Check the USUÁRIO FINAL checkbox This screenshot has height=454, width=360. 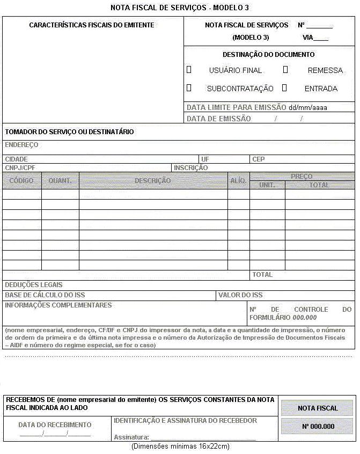click(x=189, y=70)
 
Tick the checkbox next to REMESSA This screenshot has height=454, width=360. click(x=285, y=70)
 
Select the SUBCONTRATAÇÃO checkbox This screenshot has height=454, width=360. click(x=189, y=87)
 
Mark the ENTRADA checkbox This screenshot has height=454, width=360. click(x=285, y=87)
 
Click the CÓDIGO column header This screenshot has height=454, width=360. click(x=21, y=181)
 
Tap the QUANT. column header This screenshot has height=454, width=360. click(x=60, y=181)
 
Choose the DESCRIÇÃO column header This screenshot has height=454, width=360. click(x=153, y=181)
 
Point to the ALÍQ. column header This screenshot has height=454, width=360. click(x=238, y=181)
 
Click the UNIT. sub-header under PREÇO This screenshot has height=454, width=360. click(x=267, y=185)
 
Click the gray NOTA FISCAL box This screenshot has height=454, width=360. click(x=318, y=408)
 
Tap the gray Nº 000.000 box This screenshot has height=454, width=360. click(x=318, y=427)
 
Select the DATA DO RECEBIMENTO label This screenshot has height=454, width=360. click(x=55, y=425)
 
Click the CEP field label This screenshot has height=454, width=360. click(x=259, y=159)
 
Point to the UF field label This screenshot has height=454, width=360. click(x=205, y=159)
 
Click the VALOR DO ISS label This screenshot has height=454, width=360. click(x=241, y=295)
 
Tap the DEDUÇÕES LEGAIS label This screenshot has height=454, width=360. click(x=34, y=285)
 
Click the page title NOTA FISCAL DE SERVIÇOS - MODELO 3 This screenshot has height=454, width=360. click(x=180, y=8)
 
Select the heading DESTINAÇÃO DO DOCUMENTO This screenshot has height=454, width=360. click(x=269, y=55)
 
